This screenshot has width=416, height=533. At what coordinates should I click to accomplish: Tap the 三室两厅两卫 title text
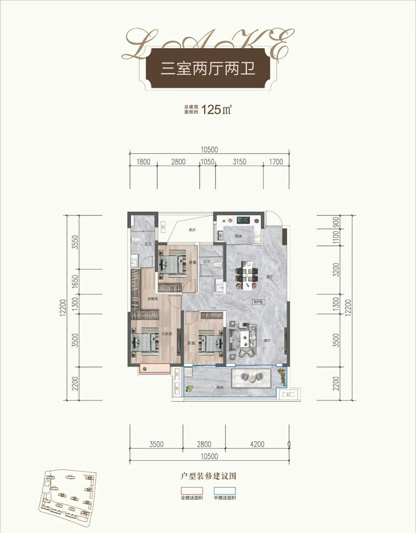[x=208, y=68]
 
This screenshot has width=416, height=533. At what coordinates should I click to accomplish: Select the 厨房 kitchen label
[x=238, y=236]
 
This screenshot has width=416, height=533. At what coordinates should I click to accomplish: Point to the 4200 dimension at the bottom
[x=257, y=444]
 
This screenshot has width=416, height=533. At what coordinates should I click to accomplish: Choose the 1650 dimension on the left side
[x=75, y=282]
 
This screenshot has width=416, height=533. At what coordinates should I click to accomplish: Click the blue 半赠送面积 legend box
[x=225, y=491]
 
